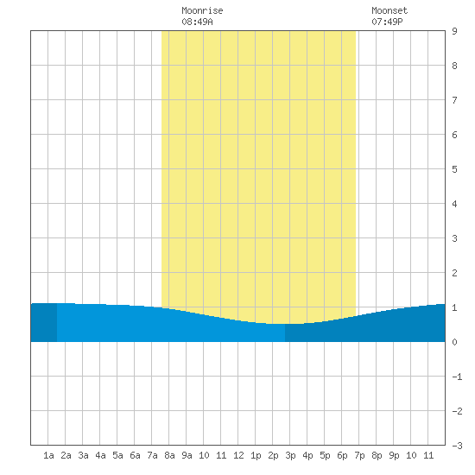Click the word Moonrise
pyautogui.click(x=202, y=10)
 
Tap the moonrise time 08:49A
pyautogui.click(x=197, y=22)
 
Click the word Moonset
pyautogui.click(x=389, y=10)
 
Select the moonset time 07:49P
pyautogui.click(x=387, y=22)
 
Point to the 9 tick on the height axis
pyautogui.click(x=454, y=31)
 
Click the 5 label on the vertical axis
pyautogui.click(x=454, y=169)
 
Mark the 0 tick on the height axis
pyautogui.click(x=454, y=342)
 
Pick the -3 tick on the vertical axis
pyautogui.click(x=457, y=446)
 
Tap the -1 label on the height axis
pyautogui.click(x=457, y=377)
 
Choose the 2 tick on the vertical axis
pyautogui.click(x=454, y=273)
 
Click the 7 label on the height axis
pyautogui.click(x=454, y=100)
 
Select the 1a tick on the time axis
pyautogui.click(x=48, y=455)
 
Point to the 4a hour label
pyautogui.click(x=100, y=455)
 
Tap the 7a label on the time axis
pyautogui.click(x=152, y=455)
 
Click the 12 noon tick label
pyautogui.click(x=238, y=455)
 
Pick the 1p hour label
pyautogui.click(x=256, y=455)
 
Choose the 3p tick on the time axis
pyautogui.click(x=290, y=455)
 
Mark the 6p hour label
pyautogui.click(x=342, y=455)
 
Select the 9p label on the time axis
pyautogui.click(x=394, y=455)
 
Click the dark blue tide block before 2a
pyautogui.click(x=44, y=322)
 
